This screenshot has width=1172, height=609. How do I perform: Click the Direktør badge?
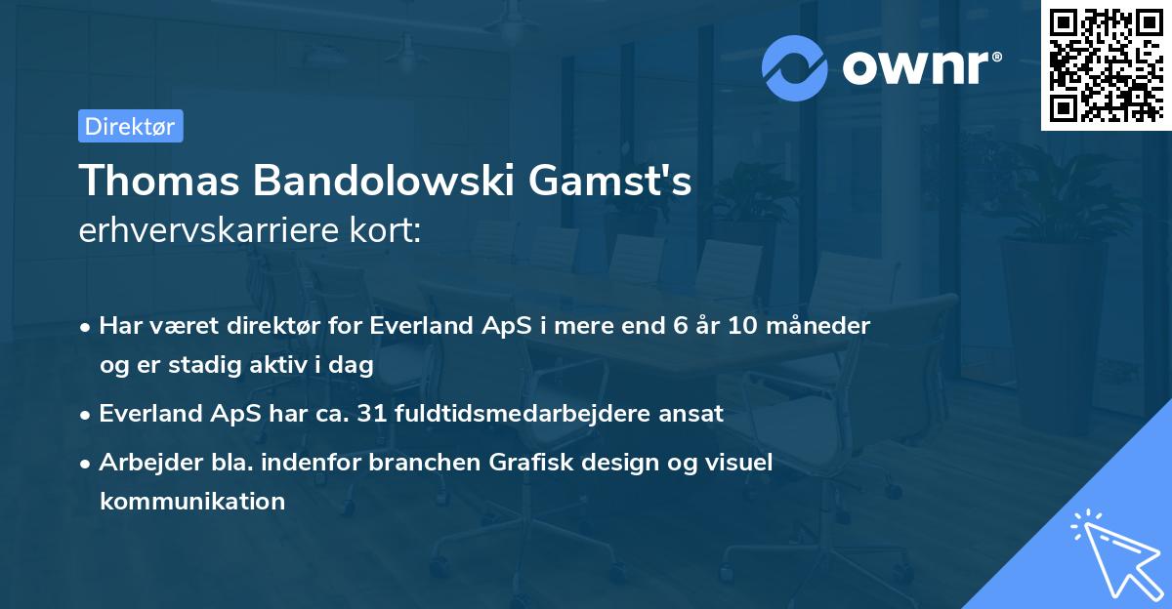[x=130, y=126]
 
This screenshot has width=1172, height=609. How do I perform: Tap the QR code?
[x=1106, y=65]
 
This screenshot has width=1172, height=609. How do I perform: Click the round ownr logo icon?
[x=795, y=67]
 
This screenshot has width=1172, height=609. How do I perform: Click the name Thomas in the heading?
[x=155, y=182]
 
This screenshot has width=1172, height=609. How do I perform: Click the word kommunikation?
[x=191, y=502]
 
